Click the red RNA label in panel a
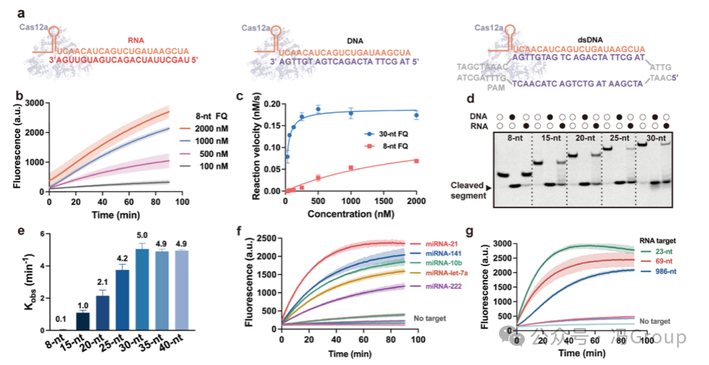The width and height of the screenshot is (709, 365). [138, 40]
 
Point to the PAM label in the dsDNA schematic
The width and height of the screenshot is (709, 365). [496, 88]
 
